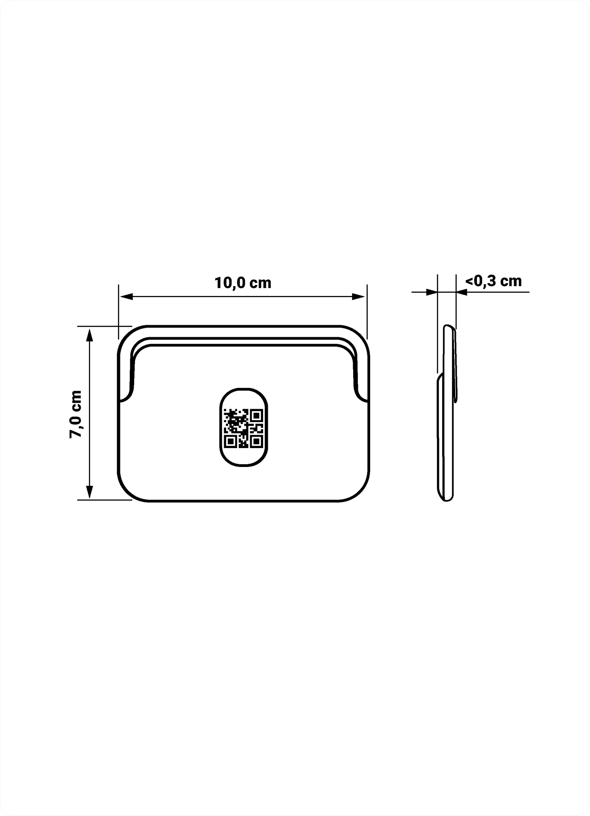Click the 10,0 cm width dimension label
243,283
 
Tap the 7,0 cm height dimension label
76,414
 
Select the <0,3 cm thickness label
493,281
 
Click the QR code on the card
243,428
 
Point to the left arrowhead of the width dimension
126,296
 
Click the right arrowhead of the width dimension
359,296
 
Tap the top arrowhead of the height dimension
90,335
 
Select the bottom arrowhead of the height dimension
90,492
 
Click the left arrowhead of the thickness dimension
431,292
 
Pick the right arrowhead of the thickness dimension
462,292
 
